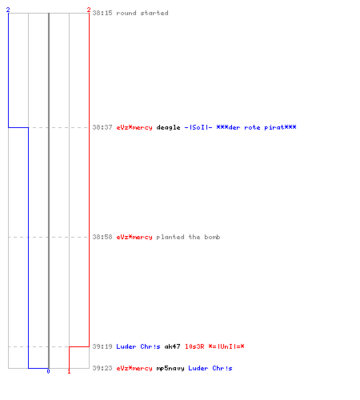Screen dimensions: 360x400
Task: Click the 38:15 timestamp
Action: [x=102, y=13]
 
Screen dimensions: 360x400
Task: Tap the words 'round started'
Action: [x=142, y=13]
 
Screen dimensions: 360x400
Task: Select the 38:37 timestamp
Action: [x=102, y=127]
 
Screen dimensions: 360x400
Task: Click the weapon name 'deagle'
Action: [x=168, y=127]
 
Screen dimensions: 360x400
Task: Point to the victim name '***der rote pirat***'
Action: [x=256, y=127]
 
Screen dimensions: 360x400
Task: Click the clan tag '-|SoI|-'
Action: [x=198, y=127]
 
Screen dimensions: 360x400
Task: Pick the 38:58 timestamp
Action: [x=102, y=237]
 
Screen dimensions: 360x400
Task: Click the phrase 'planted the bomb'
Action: [x=188, y=237]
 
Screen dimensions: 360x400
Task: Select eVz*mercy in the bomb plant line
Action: [x=134, y=237]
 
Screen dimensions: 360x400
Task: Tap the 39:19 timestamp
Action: [x=102, y=346]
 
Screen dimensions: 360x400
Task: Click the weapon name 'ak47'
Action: [x=172, y=346]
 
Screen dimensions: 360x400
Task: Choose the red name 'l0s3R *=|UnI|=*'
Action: [x=214, y=346]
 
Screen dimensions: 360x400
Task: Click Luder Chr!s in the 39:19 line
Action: [x=138, y=346]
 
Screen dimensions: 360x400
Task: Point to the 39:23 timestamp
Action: [x=102, y=368]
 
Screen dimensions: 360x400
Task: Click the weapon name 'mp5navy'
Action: [x=170, y=368]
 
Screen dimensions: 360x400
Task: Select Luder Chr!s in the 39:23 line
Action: [x=210, y=368]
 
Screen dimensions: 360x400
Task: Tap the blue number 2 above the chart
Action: [x=8, y=10]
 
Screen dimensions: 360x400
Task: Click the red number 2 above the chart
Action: [x=89, y=10]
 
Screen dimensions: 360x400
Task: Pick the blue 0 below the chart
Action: [x=48, y=371]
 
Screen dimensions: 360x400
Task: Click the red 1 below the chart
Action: [x=69, y=371]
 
